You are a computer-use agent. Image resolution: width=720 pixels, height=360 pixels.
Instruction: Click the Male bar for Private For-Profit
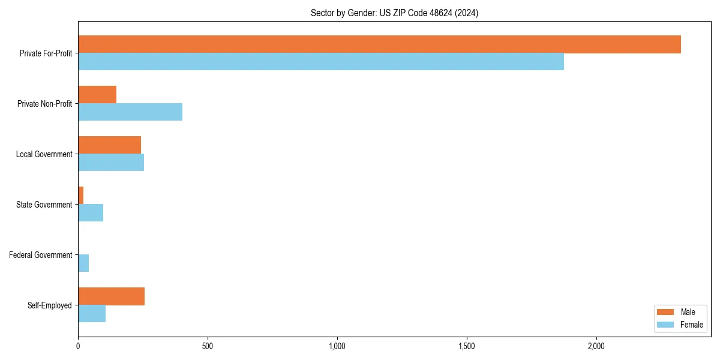click(x=379, y=44)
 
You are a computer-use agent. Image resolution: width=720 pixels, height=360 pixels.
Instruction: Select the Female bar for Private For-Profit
click(x=321, y=62)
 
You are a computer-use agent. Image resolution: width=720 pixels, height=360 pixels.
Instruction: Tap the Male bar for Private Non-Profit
click(x=97, y=95)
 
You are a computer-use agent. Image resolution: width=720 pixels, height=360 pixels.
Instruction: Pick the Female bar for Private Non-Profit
click(x=130, y=112)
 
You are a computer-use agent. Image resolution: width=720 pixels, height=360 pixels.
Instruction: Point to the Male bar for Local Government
click(x=109, y=145)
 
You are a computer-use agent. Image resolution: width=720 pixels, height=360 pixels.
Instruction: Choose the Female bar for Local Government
click(x=111, y=163)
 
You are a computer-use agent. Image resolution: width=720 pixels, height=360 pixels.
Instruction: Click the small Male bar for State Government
click(x=81, y=196)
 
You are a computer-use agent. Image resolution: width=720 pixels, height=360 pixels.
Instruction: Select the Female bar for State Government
click(x=91, y=213)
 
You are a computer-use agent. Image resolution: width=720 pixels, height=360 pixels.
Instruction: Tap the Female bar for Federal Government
click(x=83, y=263)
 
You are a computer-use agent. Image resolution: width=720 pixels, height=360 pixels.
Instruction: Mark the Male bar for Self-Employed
click(x=111, y=296)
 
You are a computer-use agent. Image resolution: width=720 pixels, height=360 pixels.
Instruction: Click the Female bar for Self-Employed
click(x=92, y=314)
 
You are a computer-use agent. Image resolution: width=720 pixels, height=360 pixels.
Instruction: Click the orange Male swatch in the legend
click(x=665, y=312)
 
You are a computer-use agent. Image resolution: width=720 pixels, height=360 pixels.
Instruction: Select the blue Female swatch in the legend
click(x=665, y=325)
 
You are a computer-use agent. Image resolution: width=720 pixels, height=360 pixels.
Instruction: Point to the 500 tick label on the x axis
click(x=208, y=347)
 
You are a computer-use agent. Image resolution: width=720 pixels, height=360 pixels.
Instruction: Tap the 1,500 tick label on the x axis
click(x=466, y=347)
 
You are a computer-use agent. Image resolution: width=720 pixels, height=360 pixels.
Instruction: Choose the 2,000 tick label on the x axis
click(x=596, y=347)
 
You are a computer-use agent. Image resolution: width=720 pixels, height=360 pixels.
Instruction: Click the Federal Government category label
click(x=41, y=255)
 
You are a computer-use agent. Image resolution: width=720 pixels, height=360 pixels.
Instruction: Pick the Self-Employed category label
click(x=50, y=305)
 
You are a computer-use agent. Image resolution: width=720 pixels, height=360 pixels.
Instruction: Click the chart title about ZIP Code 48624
click(x=394, y=13)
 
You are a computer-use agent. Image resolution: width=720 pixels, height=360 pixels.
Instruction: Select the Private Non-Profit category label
click(x=45, y=104)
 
